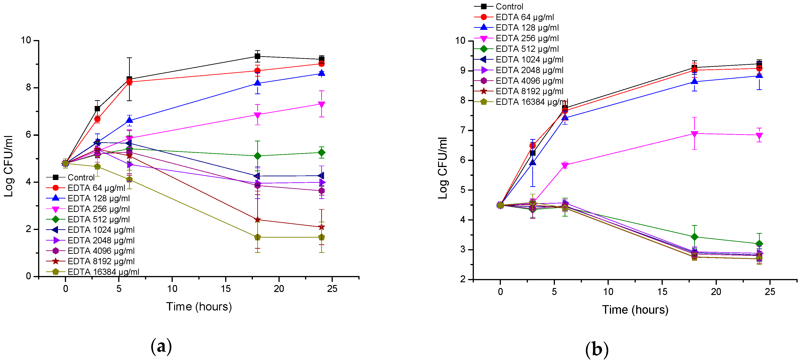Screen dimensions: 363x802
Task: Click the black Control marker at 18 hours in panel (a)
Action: [x=257, y=56]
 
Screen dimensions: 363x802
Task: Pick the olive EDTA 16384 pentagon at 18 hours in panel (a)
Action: [x=257, y=237]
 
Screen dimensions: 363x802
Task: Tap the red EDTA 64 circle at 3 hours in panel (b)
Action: [x=533, y=146]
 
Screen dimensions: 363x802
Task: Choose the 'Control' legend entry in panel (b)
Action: [x=509, y=6]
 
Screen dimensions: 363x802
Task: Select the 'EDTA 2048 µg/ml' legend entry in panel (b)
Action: [x=529, y=70]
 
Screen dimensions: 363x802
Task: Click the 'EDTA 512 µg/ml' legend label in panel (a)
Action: [x=98, y=219]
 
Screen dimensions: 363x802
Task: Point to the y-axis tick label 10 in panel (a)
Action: [x=26, y=40]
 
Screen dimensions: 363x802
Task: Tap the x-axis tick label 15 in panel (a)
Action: [x=226, y=289]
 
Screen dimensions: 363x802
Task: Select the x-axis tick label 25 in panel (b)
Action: [x=770, y=292]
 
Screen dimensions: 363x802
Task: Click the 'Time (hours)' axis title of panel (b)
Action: [x=635, y=310]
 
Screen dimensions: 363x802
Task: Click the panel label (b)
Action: [x=596, y=349]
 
